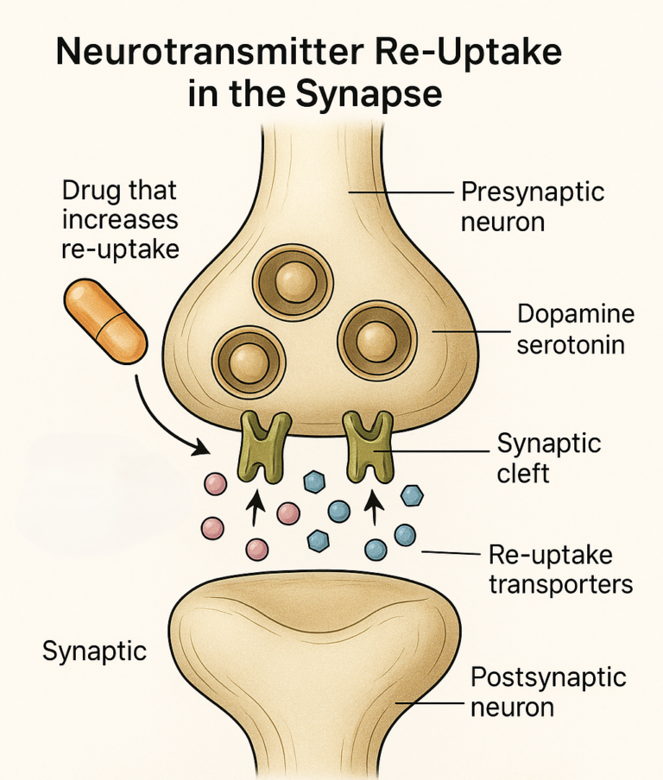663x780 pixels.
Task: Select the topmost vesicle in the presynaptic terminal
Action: point(293,280)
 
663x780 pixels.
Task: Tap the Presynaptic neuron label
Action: point(533,205)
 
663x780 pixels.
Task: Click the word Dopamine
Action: point(576,314)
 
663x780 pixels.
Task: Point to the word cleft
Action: point(523,473)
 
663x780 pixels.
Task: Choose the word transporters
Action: point(561,584)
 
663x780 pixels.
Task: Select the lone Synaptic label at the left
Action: point(94,651)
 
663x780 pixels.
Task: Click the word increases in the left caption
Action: point(120,219)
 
